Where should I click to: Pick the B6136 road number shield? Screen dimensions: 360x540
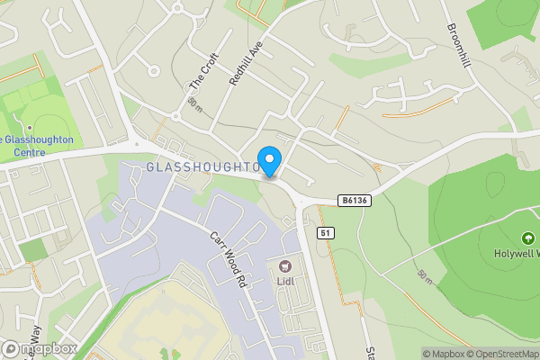coord(355,201)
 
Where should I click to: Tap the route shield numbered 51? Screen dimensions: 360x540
coord(327,233)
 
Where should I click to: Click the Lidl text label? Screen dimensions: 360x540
coord(286,280)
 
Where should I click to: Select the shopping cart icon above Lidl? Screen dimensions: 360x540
coord(286,265)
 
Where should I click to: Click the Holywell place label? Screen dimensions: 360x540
coord(511,253)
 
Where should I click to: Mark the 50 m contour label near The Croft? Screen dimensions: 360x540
coord(195,106)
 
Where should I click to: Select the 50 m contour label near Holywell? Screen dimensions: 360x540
coord(427,277)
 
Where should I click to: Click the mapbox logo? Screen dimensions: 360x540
coord(40,349)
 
